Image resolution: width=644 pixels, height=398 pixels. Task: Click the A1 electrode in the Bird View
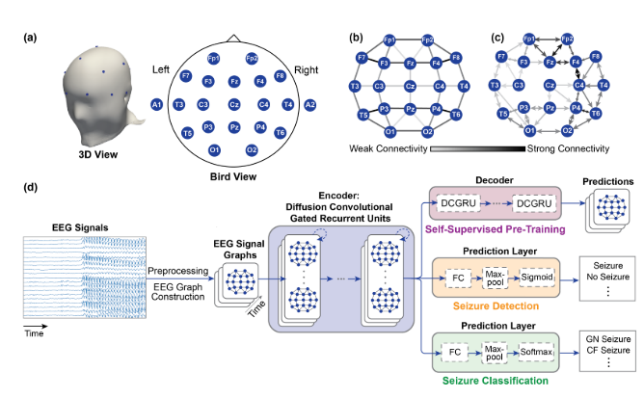(156, 104)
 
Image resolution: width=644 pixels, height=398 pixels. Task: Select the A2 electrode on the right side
(310, 104)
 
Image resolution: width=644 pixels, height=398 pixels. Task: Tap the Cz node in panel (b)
(410, 87)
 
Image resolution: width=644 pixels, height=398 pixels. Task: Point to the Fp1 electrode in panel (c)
(528, 40)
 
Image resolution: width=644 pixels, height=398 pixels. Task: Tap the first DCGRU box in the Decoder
(458, 206)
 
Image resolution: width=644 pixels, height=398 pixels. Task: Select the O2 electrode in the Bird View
(252, 149)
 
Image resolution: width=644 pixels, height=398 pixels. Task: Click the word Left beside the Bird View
(163, 70)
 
